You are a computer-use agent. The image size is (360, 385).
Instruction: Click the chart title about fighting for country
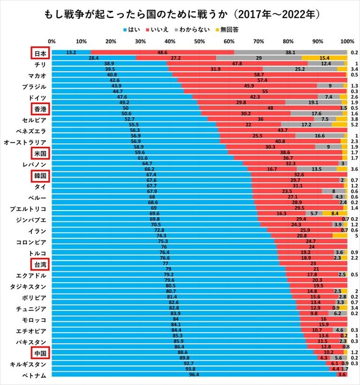coord(179,13)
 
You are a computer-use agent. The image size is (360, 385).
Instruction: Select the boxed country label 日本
coord(40,53)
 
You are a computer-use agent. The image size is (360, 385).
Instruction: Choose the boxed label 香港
coord(40,108)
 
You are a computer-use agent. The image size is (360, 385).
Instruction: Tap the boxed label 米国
coord(40,153)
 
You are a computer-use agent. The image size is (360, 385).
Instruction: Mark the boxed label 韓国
coord(40,176)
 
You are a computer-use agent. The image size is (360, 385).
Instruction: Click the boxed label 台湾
coord(40,263)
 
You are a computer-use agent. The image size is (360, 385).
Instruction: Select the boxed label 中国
coord(40,353)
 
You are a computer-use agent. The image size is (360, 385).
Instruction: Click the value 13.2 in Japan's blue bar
coord(71,53)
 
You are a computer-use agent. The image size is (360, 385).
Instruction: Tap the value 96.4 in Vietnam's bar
coord(194,375)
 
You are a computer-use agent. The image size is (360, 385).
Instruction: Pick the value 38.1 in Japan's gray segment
coord(290,53)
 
